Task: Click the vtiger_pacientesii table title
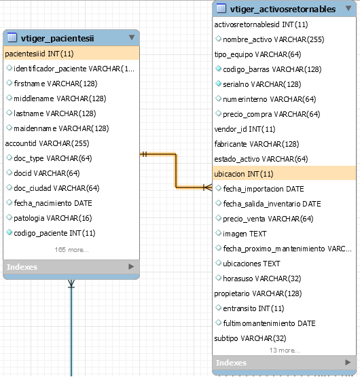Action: point(57,38)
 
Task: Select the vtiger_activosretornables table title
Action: point(283,9)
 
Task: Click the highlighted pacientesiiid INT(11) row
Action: point(71,54)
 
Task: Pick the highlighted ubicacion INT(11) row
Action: point(284,173)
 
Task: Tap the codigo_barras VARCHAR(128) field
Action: point(272,69)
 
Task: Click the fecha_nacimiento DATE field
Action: point(53,203)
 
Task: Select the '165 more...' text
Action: point(72,250)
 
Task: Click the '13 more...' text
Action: point(285,351)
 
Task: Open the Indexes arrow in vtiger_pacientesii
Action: point(131,266)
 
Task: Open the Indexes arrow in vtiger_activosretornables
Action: point(348,362)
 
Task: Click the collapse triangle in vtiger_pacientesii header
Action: point(132,37)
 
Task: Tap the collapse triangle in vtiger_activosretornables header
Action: point(348,8)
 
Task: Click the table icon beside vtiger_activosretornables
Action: point(221,8)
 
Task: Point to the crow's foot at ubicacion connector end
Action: point(208,187)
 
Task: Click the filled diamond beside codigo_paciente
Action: point(9,232)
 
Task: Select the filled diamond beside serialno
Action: point(218,84)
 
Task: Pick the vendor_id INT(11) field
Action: point(245,129)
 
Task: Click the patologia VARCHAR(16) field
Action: point(53,218)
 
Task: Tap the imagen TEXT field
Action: point(245,234)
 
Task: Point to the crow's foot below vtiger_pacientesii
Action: point(71,284)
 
